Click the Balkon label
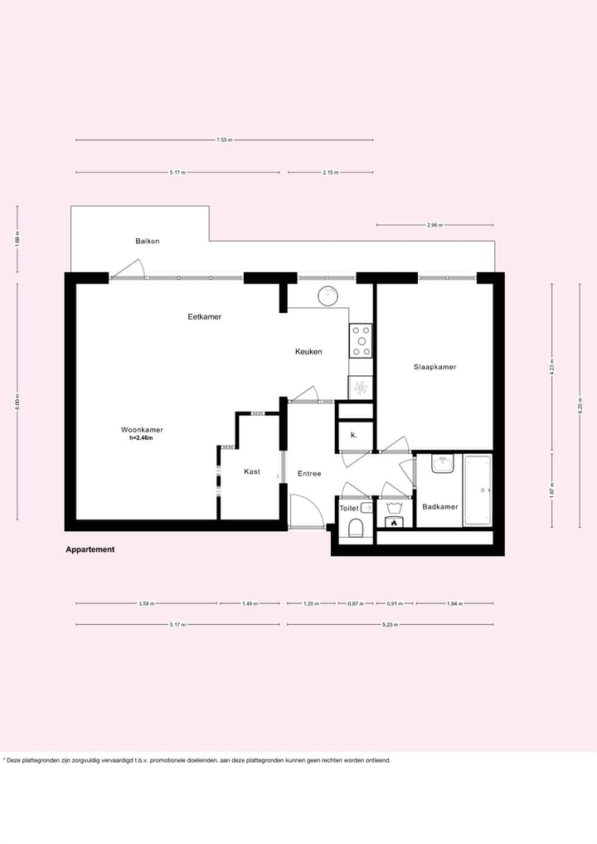click(148, 241)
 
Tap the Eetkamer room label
click(204, 317)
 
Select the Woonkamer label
click(142, 429)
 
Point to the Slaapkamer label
click(435, 367)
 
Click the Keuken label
click(308, 352)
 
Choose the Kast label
click(252, 471)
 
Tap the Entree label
click(309, 474)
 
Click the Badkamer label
click(439, 506)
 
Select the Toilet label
click(348, 508)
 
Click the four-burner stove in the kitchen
click(362, 340)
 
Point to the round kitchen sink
click(329, 295)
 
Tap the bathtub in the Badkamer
click(477, 490)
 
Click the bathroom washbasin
click(443, 464)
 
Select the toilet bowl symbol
click(356, 528)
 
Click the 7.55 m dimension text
click(224, 140)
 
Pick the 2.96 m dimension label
click(434, 225)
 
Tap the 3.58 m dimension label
click(147, 603)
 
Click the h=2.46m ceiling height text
click(141, 438)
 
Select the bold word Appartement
click(90, 549)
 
